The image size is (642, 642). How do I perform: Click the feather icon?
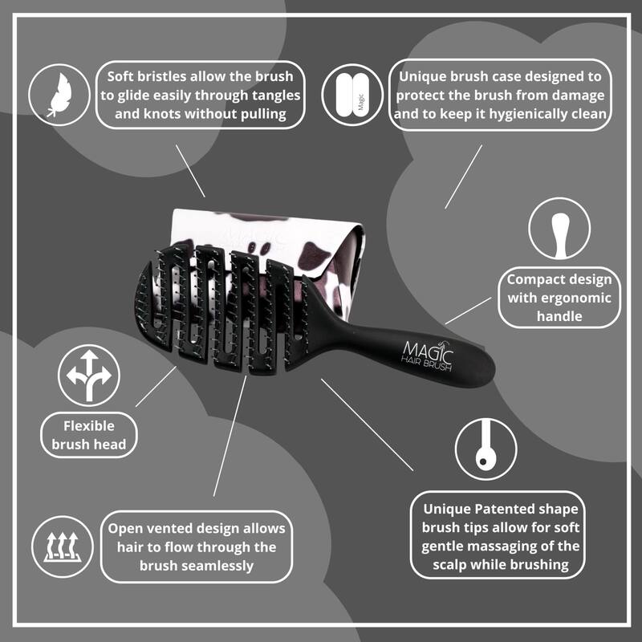coord(59,95)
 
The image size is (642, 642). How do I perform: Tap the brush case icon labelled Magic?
coord(352,95)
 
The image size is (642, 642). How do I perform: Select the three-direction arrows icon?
coord(89,376)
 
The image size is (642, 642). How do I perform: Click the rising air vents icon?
coord(63,547)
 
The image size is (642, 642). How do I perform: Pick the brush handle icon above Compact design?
coord(559,234)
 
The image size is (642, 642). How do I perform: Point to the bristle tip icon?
coord(486,445)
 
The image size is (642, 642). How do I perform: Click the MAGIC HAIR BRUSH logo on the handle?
coord(428,356)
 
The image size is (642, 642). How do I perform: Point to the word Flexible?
coord(89,426)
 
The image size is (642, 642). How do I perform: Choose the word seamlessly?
coord(217,566)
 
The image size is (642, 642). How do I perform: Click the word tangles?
coord(276,95)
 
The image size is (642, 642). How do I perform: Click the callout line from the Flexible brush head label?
coord(156,387)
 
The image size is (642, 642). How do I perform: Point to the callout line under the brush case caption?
coord(464,177)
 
